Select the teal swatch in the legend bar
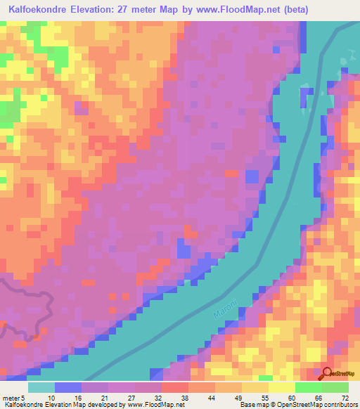pos(41,387)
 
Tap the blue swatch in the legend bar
pos(68,387)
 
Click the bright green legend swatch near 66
pos(308,387)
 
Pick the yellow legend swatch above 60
pos(281,387)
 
